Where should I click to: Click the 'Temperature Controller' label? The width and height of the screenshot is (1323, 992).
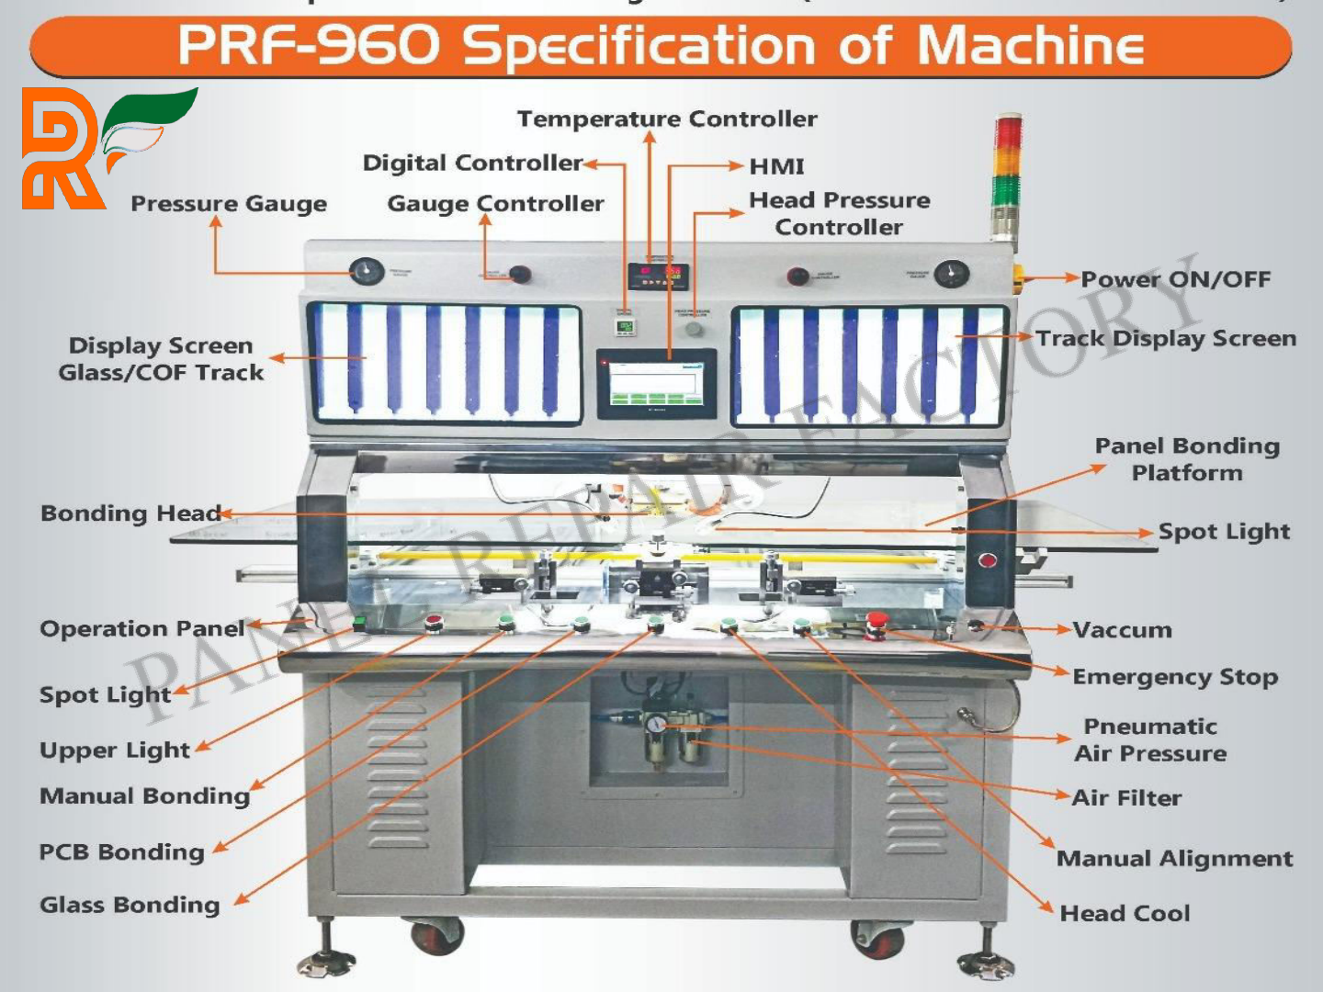(x=667, y=119)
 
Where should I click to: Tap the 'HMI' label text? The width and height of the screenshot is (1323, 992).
(x=776, y=166)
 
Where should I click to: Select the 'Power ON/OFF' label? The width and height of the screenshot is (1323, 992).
(x=1175, y=279)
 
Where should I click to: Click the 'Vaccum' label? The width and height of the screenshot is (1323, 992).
(x=1122, y=630)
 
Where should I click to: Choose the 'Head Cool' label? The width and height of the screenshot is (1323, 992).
(x=1125, y=913)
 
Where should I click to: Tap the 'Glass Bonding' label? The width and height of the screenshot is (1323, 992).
(x=130, y=905)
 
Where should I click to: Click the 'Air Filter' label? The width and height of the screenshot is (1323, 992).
(x=1126, y=797)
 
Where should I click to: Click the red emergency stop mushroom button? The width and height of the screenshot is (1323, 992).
(x=876, y=621)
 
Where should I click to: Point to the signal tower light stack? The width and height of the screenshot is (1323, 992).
(x=1007, y=175)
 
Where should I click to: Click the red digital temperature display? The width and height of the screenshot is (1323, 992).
(x=659, y=274)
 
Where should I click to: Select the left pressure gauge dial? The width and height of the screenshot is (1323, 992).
(x=367, y=272)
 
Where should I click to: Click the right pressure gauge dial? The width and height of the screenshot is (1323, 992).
(x=951, y=273)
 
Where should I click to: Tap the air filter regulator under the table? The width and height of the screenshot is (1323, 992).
(x=670, y=739)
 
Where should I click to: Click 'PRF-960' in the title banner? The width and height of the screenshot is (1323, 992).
(x=308, y=46)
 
